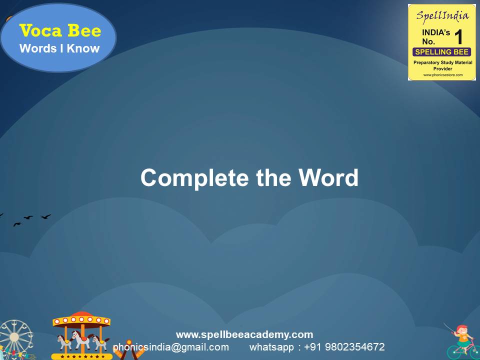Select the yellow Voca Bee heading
pyautogui.click(x=60, y=31)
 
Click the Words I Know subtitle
pyautogui.click(x=59, y=48)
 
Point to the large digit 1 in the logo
pyautogui.click(x=458, y=37)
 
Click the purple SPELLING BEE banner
pyautogui.click(x=441, y=52)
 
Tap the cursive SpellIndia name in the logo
pyautogui.click(x=442, y=15)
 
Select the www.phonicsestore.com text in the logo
pyautogui.click(x=442, y=75)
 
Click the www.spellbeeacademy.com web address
pyautogui.click(x=244, y=334)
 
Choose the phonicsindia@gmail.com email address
pyautogui.click(x=171, y=347)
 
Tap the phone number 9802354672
pyautogui.click(x=354, y=347)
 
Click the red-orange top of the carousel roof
pyautogui.click(x=81, y=316)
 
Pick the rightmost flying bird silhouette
pyautogui.click(x=45, y=216)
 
